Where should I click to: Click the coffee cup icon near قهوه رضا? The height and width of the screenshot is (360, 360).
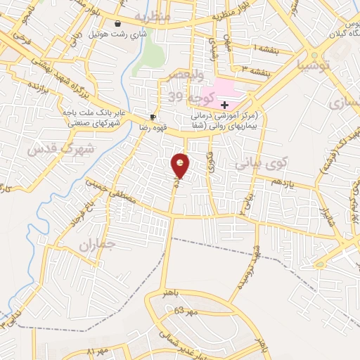153,117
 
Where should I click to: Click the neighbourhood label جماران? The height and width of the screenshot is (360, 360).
96,245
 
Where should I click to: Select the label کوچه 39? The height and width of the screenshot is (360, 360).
184,96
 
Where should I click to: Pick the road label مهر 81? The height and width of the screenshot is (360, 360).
99,351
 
